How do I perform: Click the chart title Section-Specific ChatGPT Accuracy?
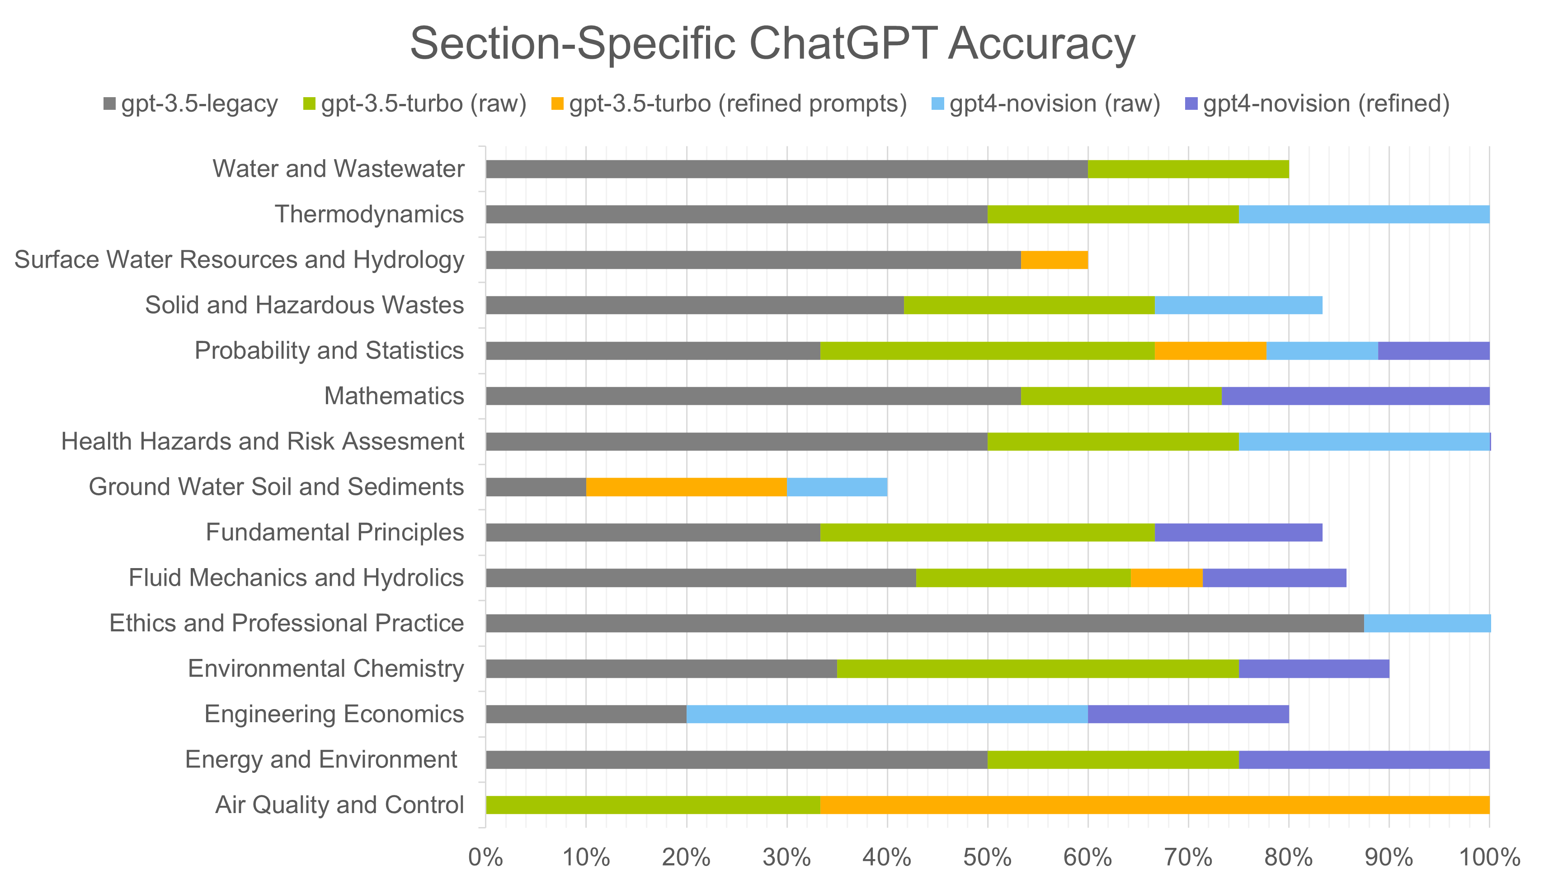772,44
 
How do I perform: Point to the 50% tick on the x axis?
987,857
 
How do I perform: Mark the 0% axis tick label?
486,857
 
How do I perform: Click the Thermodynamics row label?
369,214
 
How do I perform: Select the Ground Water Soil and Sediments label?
276,487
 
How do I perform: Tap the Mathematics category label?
394,396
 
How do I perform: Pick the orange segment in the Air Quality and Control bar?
1153,805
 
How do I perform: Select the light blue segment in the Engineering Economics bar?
886,715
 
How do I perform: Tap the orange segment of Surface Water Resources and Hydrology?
1054,260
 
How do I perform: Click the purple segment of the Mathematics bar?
1355,396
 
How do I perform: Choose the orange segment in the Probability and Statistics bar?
1210,351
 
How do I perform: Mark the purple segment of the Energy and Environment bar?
1364,760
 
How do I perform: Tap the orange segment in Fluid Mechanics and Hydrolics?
1166,578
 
